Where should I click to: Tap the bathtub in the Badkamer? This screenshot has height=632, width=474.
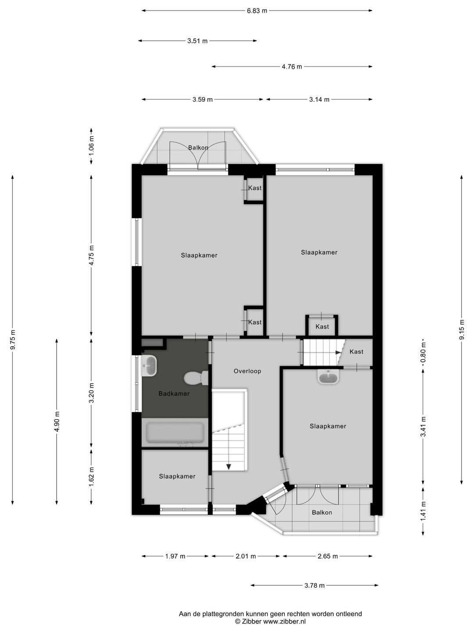[x=175, y=433]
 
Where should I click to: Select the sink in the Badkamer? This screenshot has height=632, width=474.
[x=149, y=366]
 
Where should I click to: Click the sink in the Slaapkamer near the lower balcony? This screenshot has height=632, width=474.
[x=328, y=377]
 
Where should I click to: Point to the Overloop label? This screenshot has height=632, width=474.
[x=247, y=371]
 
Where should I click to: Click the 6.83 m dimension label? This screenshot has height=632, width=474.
[x=257, y=11]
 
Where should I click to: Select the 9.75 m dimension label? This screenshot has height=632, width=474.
[x=13, y=339]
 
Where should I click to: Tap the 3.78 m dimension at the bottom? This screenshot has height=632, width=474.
[x=314, y=585]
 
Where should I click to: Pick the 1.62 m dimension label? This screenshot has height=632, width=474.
[x=91, y=475]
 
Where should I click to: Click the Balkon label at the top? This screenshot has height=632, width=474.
[x=198, y=147]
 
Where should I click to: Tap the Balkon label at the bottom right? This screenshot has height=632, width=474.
[x=322, y=512]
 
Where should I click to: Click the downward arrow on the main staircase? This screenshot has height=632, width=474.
[x=228, y=466]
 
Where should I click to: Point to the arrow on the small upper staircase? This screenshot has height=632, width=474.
[x=338, y=352]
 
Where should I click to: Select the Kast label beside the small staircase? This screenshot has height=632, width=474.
[x=356, y=352]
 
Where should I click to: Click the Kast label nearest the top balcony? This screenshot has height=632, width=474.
[x=255, y=188]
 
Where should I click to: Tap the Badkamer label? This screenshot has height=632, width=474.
[x=174, y=393]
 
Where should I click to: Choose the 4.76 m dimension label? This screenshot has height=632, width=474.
[x=292, y=67]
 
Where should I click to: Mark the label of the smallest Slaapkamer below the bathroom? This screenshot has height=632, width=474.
[x=177, y=476]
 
